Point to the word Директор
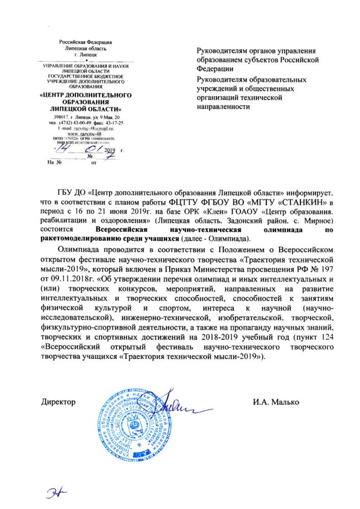(x=58, y=402)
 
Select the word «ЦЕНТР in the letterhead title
(x=59, y=95)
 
